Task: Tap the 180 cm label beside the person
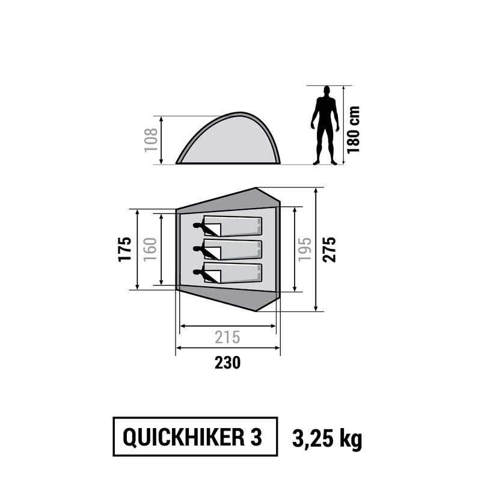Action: click(354, 129)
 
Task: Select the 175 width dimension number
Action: click(124, 250)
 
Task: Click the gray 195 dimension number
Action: click(305, 250)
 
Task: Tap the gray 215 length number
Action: click(227, 338)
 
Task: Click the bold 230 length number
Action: click(227, 363)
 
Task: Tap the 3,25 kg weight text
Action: click(328, 440)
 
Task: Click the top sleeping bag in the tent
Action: click(234, 227)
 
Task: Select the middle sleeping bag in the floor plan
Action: click(234, 250)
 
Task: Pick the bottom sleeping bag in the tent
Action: click(234, 272)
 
